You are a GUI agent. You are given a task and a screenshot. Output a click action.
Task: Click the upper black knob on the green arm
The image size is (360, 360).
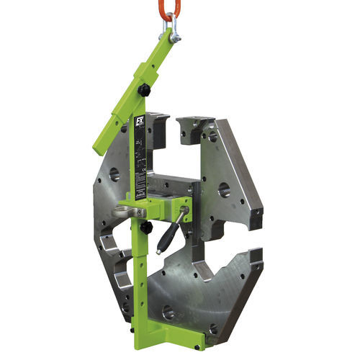(x=145, y=90)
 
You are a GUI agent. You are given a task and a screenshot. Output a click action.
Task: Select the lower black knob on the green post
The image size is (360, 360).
(x=146, y=228)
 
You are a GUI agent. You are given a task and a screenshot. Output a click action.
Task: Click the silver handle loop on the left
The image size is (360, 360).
(x=125, y=212)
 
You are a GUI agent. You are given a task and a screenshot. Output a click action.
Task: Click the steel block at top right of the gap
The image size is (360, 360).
(x=196, y=127)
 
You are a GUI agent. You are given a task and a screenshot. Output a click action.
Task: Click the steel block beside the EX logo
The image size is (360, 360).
(x=158, y=130)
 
